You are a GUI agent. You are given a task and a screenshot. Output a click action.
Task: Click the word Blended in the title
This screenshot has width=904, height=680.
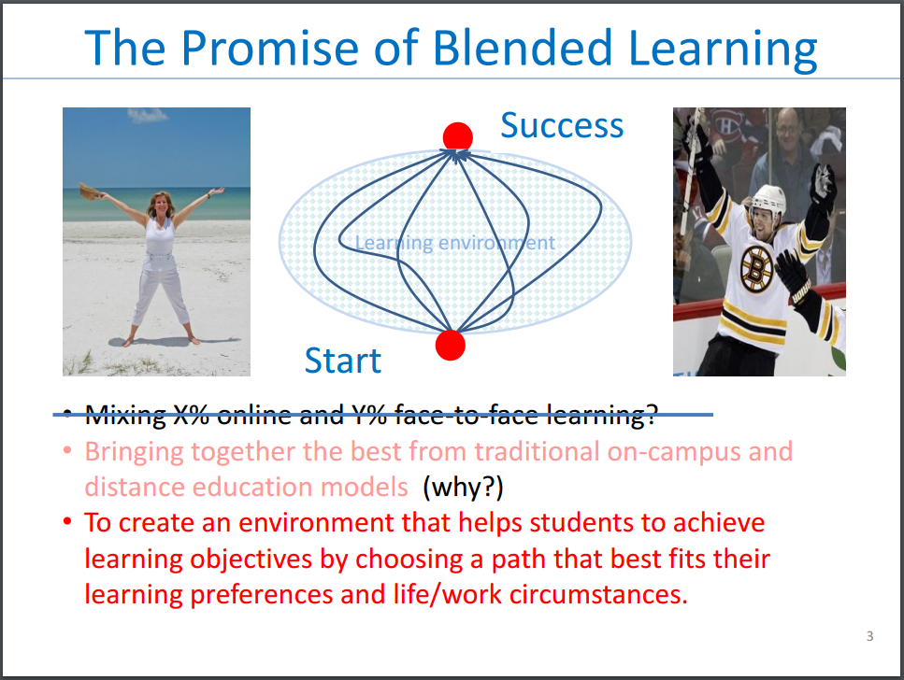pos(523,48)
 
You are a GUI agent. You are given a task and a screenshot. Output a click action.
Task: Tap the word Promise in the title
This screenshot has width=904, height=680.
pos(270,48)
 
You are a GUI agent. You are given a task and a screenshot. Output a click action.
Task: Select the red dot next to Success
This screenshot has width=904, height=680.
pos(458,137)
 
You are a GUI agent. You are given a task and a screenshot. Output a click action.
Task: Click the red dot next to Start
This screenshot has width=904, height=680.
pos(451,346)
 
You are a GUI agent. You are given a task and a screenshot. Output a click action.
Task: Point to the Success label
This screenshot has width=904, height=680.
pos(562,125)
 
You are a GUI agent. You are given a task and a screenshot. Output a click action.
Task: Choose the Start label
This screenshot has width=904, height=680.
pos(343,361)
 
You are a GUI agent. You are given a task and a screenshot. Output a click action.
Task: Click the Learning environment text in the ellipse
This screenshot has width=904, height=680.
pos(455,243)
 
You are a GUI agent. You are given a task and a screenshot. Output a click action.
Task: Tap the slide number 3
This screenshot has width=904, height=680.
pos(870,636)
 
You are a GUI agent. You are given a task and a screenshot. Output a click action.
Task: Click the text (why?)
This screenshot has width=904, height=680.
pos(463,488)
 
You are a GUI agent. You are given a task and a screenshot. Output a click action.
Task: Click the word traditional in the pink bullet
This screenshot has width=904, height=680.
pos(538,452)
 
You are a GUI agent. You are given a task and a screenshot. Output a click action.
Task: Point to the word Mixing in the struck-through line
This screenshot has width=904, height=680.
pos(125,415)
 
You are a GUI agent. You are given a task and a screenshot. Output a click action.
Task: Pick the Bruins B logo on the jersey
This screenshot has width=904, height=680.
pos(757,267)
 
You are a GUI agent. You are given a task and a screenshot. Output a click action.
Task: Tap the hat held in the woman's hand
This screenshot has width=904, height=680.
pos(89,191)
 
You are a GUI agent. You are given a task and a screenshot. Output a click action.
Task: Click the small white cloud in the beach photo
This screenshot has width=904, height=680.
pos(148,115)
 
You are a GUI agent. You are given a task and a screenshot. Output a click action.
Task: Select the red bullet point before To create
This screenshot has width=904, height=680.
pos(67,522)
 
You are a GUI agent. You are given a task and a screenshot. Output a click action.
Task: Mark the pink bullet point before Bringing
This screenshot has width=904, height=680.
pos(67,450)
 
